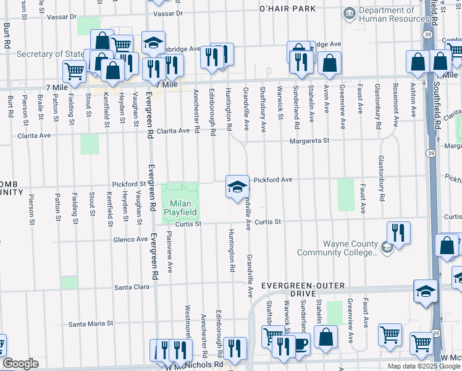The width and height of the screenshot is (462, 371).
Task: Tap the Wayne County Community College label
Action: pyautogui.click(x=337, y=248)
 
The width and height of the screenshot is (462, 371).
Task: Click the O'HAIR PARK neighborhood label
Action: pyautogui.click(x=287, y=9)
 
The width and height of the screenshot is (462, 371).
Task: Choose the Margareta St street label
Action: pyautogui.click(x=311, y=141)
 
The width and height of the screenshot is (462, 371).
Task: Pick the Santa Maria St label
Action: pyautogui.click(x=91, y=323)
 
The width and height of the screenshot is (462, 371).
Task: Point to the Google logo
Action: pyautogui.click(x=20, y=364)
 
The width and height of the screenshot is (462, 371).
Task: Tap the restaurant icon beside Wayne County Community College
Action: pyautogui.click(x=398, y=234)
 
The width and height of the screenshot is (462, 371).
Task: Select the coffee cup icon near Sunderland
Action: pyautogui.click(x=301, y=344)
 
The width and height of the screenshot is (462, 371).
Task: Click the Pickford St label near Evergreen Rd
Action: pyautogui.click(x=128, y=184)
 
